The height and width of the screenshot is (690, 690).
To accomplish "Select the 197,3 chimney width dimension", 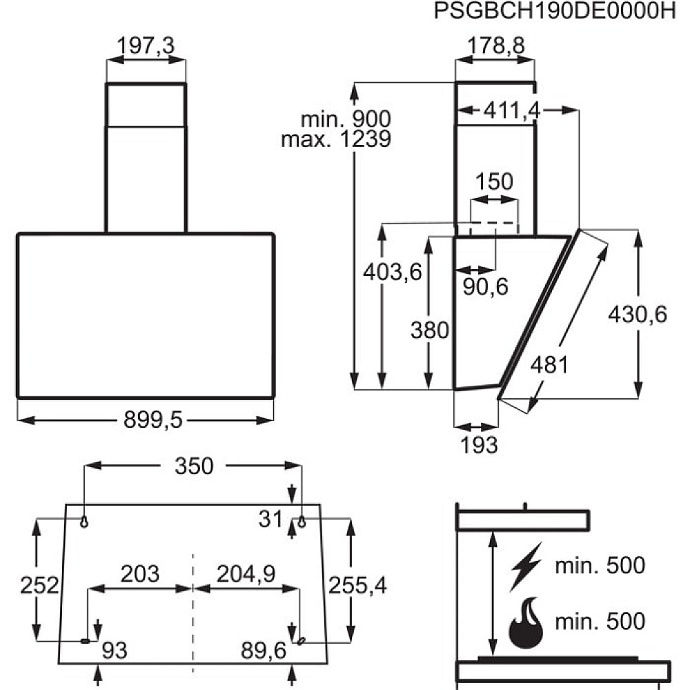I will pos(146,46).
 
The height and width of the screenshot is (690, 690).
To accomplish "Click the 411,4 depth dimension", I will pos(511,109).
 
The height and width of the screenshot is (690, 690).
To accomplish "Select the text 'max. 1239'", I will pos(336,139).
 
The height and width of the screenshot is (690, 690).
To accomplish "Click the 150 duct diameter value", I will pos(494,182).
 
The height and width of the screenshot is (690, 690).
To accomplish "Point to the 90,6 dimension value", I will pos(485,286).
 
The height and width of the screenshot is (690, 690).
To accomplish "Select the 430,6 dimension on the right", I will pos(638,315).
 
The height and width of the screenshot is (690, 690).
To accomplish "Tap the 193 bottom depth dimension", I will pos(479,445).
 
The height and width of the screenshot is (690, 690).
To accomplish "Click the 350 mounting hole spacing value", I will pos(193,467).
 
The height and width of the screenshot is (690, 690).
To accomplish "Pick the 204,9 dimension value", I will pos(246,573).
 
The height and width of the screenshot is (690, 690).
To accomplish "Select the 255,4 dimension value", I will pos(357,586).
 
